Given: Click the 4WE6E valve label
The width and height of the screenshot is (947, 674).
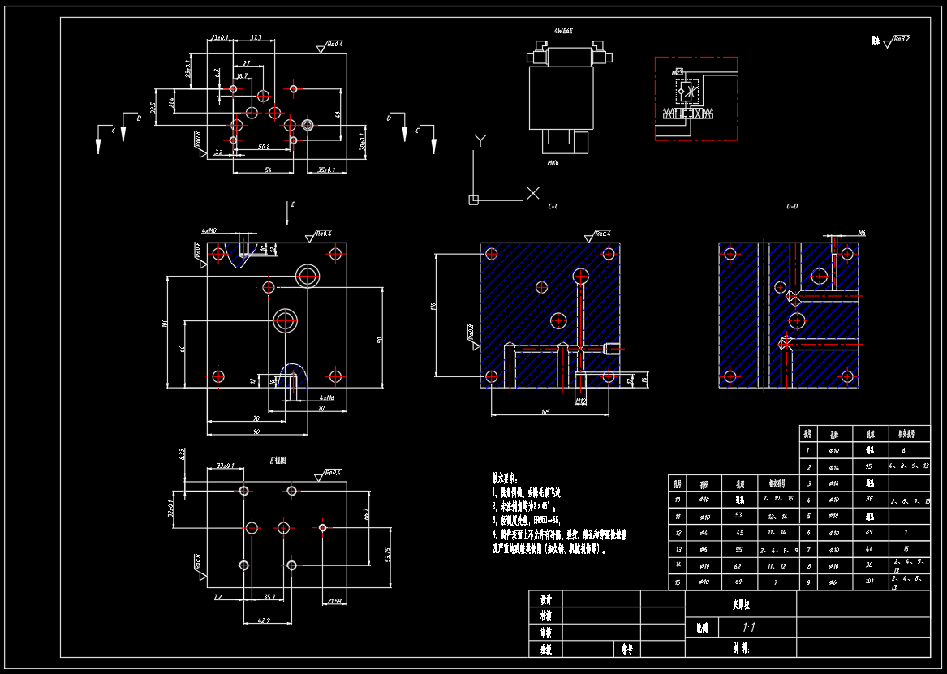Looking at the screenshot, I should click(563, 31).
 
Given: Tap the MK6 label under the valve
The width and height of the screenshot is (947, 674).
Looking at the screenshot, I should click(553, 162).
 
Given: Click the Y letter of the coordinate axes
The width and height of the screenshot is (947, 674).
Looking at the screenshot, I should click(458, 140).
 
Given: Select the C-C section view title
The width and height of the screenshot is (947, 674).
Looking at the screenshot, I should click(553, 207).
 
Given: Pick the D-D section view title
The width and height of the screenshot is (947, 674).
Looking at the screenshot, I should click(793, 207).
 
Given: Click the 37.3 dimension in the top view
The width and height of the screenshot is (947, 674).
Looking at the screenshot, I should click(256, 38).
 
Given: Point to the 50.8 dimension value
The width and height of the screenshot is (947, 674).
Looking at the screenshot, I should click(264, 148).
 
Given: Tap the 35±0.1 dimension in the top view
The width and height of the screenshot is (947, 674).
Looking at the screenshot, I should click(326, 170).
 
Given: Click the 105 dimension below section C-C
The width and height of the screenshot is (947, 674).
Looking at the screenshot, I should click(545, 413).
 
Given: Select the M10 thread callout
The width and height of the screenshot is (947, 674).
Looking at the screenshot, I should click(580, 401).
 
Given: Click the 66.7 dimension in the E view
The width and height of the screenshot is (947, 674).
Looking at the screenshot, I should click(367, 513).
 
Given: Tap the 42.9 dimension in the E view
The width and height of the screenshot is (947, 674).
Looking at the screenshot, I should click(265, 620).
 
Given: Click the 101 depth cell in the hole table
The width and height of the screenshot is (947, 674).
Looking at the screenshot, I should click(869, 581).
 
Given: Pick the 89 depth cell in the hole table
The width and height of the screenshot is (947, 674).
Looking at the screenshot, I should click(869, 532).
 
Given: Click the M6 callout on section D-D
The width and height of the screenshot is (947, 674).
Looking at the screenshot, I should click(861, 234).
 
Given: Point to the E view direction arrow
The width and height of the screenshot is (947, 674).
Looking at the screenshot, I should click(289, 213).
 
